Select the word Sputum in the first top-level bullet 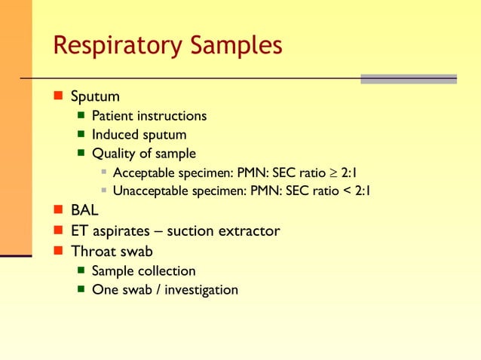click(x=95, y=97)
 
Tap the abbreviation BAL click(x=84, y=210)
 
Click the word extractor click(x=244, y=230)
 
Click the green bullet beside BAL click(x=58, y=211)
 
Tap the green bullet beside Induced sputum click(x=81, y=136)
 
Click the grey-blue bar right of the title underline click(x=408, y=78)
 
